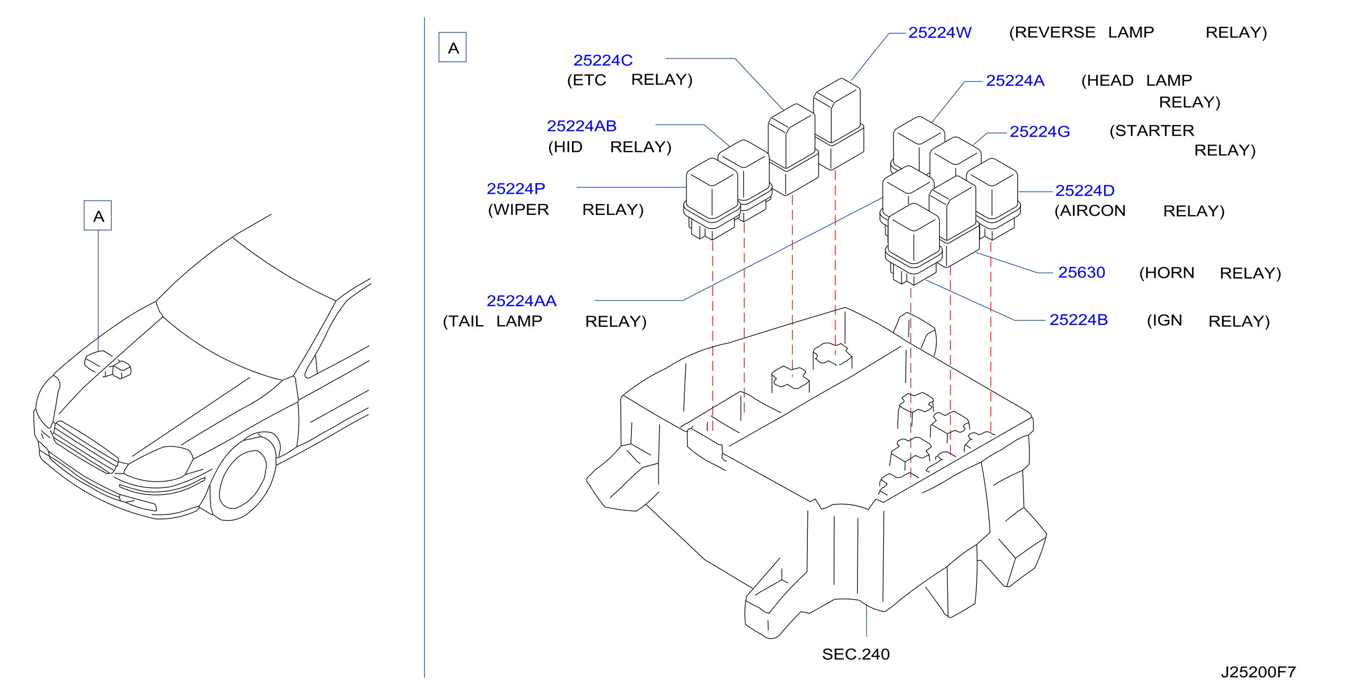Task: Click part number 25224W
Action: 939,32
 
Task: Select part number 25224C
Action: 603,60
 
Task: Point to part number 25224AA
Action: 521,301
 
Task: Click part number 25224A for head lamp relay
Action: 1015,81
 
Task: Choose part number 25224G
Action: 1039,132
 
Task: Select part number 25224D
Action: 1084,190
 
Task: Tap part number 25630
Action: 1081,273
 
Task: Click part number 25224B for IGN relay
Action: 1078,319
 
